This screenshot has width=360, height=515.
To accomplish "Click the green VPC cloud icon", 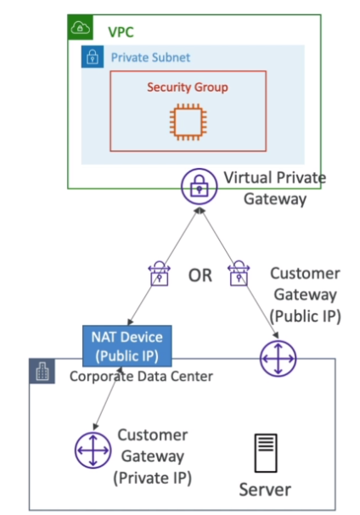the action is point(80,27).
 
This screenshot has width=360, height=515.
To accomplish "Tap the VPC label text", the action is point(121,32).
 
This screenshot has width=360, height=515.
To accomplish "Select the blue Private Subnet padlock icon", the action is point(93,57).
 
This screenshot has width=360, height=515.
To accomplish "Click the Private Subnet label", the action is point(150,58).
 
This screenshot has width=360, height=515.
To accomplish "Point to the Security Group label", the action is point(188,87).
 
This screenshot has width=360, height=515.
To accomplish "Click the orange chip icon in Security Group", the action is point(188,122).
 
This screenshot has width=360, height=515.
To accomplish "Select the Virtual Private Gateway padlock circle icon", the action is point(200,187).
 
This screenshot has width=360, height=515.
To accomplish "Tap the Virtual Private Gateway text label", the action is point(275,188).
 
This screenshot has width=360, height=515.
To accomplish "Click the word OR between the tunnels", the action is point(200,275).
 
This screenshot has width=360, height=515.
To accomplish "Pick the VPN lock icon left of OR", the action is point(160,273).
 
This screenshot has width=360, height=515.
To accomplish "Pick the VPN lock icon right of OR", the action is point(239,273).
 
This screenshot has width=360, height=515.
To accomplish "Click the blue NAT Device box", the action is point(127,346).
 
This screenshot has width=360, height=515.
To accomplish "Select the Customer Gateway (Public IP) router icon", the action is point(278,358).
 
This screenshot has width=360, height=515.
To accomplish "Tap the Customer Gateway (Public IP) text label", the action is point(305,294).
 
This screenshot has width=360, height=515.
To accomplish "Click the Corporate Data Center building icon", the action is point(42,371).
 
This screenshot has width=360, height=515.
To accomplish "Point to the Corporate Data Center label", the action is point(142,377).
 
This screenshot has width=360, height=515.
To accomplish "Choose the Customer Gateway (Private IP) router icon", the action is point(93,451).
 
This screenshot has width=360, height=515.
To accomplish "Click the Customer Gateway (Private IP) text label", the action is point(153,456).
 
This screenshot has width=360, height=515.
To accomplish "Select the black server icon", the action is point(266,453).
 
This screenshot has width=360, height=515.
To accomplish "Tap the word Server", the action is point(265,490).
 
